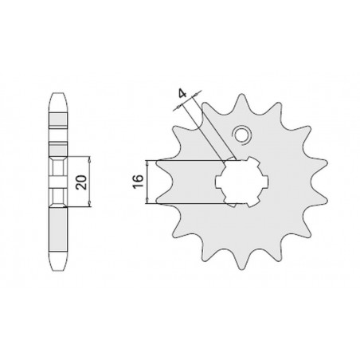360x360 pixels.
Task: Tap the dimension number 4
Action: (x=182, y=94)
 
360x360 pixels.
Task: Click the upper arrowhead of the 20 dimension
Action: (x=88, y=161)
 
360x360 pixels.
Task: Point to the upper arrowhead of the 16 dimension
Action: (x=150, y=162)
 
